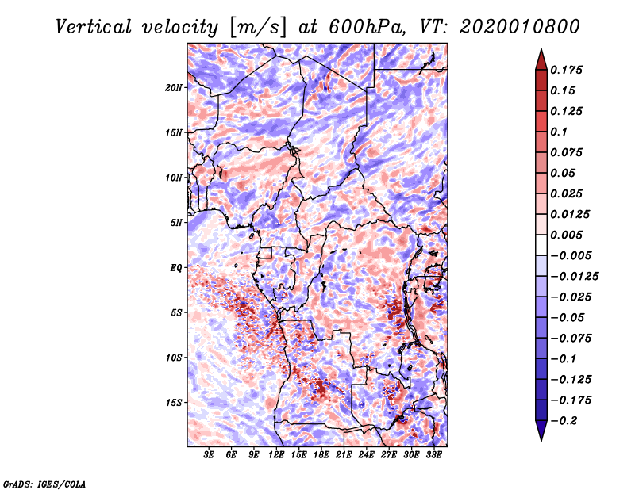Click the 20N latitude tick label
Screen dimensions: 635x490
[x=173, y=88]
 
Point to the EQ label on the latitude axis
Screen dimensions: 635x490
[x=175, y=268]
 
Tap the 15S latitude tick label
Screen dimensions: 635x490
[x=173, y=403]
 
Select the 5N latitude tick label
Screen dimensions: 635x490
[x=175, y=223]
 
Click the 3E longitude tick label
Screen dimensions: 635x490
[x=209, y=455]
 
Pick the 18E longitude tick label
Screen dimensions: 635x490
[x=321, y=455]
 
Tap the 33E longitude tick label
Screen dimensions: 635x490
[x=433, y=455]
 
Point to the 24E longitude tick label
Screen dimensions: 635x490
[x=366, y=455]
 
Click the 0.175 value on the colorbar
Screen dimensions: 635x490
[x=566, y=70]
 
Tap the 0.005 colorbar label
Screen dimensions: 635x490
[x=566, y=235]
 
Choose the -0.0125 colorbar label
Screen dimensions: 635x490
[x=574, y=277]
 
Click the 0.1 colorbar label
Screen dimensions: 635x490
[x=559, y=132]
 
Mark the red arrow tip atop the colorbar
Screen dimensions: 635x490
[x=541, y=50]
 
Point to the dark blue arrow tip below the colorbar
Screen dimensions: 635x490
[x=541, y=440]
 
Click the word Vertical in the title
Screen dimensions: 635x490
[x=94, y=27]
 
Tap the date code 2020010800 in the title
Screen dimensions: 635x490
[x=520, y=27]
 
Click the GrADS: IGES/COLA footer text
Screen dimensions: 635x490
[x=44, y=484]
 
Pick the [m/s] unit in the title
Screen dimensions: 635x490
[x=258, y=28]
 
